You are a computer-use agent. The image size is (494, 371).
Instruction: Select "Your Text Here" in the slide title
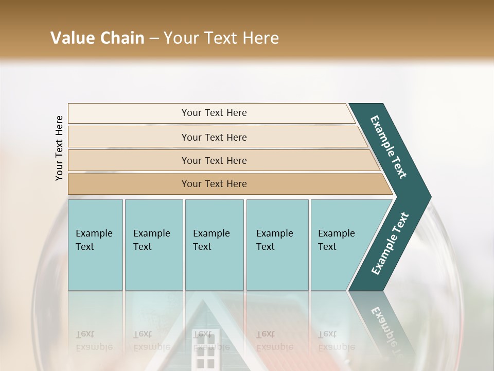[221, 38]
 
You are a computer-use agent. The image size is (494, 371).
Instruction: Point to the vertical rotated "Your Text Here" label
[59, 148]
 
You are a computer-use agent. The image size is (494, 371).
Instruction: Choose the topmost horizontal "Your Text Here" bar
[214, 113]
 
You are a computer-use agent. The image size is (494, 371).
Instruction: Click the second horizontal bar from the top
[214, 137]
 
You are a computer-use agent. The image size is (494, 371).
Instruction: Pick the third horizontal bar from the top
[214, 160]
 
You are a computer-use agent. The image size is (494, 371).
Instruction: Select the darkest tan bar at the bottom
[214, 184]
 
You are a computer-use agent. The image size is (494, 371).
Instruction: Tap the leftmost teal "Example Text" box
[95, 245]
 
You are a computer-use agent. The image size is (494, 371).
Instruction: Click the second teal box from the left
[153, 245]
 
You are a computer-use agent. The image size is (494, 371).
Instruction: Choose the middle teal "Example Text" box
[214, 245]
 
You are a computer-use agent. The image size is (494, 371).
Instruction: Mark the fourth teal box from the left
[277, 245]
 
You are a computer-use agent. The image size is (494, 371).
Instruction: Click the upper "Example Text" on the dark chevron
[389, 147]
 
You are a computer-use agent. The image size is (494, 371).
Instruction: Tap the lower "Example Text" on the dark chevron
[390, 244]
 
